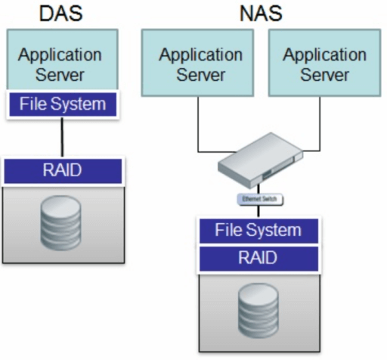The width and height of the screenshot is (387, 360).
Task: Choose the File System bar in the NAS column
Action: (x=258, y=230)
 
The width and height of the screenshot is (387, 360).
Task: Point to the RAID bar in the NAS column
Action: (x=258, y=258)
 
